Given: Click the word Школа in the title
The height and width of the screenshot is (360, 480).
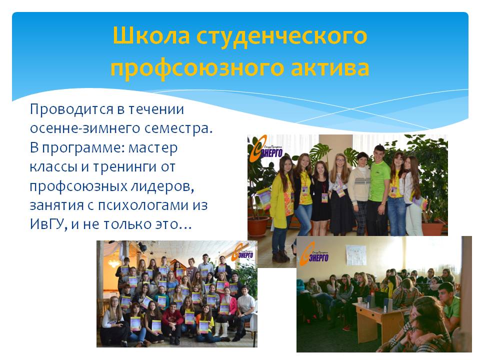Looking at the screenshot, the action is pyautogui.click(x=151, y=35).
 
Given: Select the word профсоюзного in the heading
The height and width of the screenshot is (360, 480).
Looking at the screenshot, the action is pyautogui.click(x=196, y=68).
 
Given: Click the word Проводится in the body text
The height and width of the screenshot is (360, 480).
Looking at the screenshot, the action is pyautogui.click(x=73, y=110).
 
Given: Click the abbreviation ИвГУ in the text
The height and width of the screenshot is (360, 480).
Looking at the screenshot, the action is pyautogui.click(x=48, y=224).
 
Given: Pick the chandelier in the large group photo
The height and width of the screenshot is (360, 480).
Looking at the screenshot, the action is pyautogui.click(x=113, y=261).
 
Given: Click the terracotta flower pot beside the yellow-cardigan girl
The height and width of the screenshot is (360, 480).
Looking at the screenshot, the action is pyautogui.click(x=258, y=226).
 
